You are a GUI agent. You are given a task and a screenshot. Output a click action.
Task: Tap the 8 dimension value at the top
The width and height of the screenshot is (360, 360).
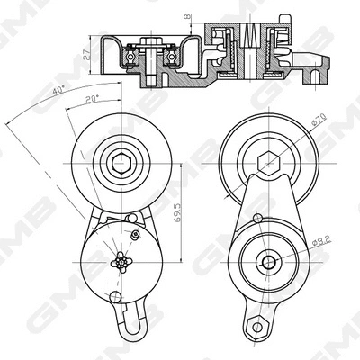pos(186,16)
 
